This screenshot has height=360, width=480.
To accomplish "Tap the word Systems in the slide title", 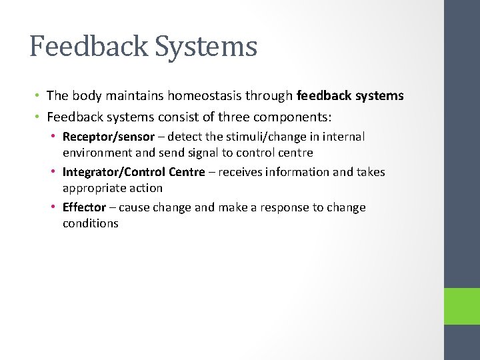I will pos(208,47).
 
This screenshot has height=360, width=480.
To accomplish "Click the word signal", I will pos(205,153).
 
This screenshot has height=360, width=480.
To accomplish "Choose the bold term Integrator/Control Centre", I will pos(133,172).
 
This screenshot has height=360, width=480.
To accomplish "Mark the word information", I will pos(297,172).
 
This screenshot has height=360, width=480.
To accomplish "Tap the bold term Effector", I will pos(84,207).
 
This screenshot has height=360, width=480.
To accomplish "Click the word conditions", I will pos(91,223).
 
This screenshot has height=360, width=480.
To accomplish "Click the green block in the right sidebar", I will pos(462,306).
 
